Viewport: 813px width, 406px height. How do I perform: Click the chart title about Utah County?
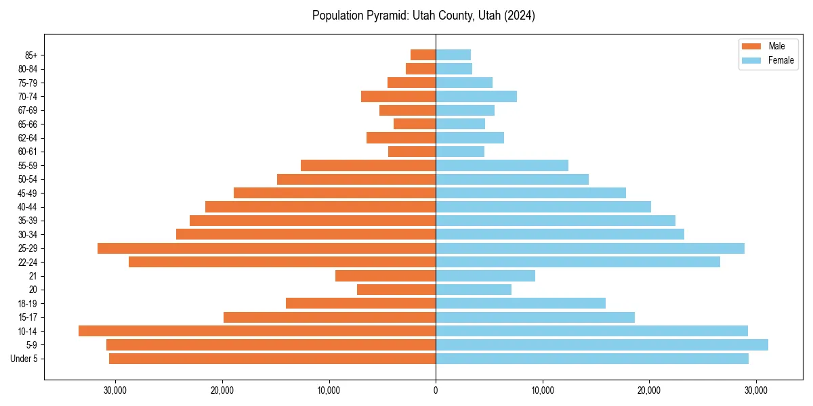point(423,16)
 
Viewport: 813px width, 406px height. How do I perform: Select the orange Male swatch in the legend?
point(752,46)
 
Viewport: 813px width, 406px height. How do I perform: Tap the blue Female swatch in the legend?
point(752,60)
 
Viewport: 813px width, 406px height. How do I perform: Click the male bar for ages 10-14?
point(257,331)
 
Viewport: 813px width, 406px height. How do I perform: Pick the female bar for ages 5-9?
point(602,344)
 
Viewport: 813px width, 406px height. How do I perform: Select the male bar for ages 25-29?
point(266,248)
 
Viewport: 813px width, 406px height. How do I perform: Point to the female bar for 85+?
point(453,55)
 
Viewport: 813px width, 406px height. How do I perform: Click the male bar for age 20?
point(396,290)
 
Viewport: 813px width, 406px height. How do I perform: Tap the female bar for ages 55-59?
point(502,165)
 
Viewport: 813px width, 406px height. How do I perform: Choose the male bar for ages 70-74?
point(398,96)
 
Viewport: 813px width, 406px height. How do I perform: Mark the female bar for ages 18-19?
point(520,303)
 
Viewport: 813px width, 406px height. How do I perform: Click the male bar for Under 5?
point(272,359)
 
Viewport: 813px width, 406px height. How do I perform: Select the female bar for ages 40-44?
point(543,206)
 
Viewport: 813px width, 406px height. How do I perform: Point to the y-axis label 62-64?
point(27,138)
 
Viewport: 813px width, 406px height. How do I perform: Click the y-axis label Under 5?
point(24,359)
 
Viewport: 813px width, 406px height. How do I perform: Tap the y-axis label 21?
point(33,276)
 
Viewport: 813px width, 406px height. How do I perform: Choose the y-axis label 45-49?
point(27,193)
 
